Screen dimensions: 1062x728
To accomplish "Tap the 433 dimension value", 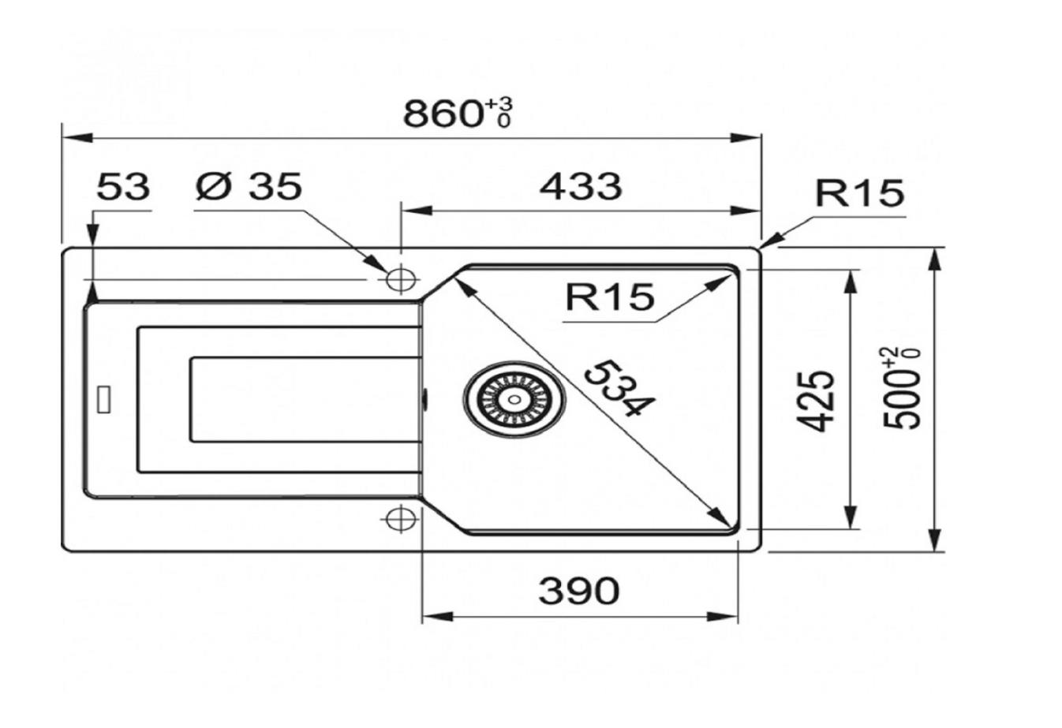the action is (581, 186).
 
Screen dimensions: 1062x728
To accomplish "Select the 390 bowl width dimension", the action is (579, 591).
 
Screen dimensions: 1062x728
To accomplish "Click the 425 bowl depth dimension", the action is (815, 401).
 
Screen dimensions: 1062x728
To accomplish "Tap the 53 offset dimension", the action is (123, 187).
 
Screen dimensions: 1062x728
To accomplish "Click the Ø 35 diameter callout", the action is (249, 186).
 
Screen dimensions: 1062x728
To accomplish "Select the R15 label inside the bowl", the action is (610, 297).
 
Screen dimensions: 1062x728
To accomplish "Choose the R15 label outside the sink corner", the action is (859, 193).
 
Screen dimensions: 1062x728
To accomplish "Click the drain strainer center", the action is (514, 400).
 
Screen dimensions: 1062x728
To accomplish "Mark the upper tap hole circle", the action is (401, 279).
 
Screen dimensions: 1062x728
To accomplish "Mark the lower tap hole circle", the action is (401, 519).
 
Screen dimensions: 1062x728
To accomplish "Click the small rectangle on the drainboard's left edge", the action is (104, 400).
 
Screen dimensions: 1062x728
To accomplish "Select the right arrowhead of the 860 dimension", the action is (746, 138).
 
